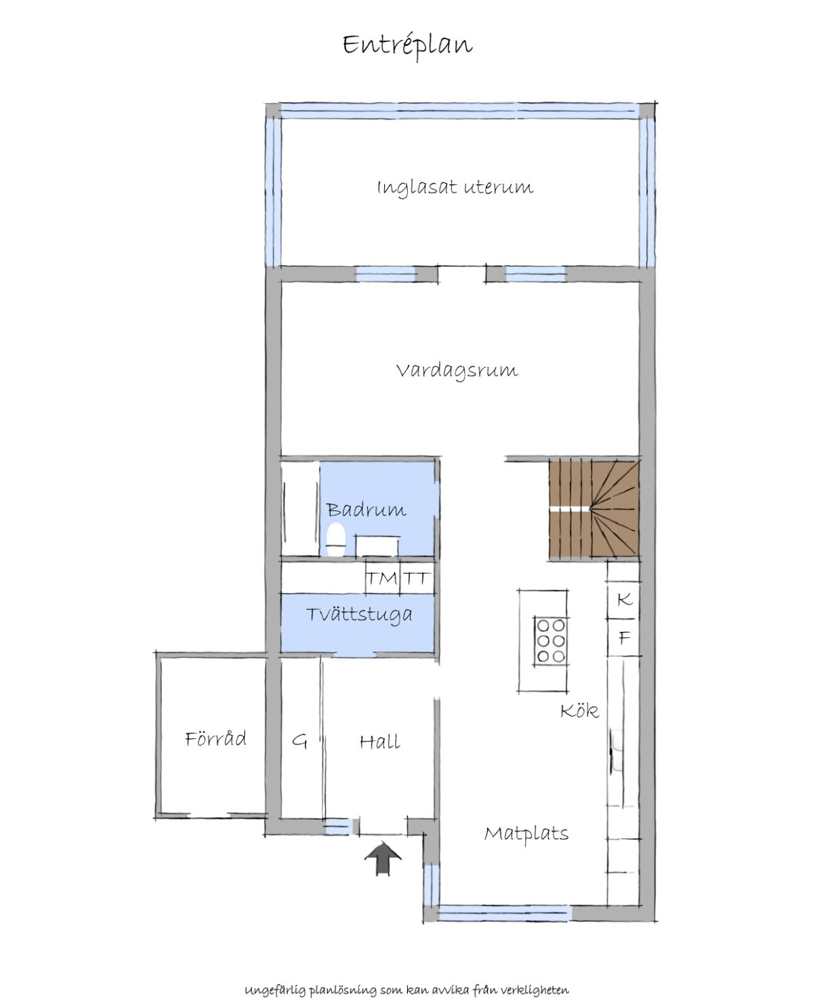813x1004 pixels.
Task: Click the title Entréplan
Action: pos(407,46)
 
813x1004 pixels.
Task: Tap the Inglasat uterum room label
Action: pos(455,188)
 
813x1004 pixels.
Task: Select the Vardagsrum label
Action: pos(457,371)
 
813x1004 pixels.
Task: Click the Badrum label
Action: pos(367,510)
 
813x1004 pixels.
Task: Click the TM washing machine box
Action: pos(383,577)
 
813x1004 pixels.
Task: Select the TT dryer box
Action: pos(417,577)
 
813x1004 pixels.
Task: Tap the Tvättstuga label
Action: pos(359,615)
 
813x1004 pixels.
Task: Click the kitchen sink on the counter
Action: pos(617,750)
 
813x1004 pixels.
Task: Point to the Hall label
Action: pos(379,742)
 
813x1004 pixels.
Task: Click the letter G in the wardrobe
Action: pos(299,742)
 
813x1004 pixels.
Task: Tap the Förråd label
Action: pos(215,738)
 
